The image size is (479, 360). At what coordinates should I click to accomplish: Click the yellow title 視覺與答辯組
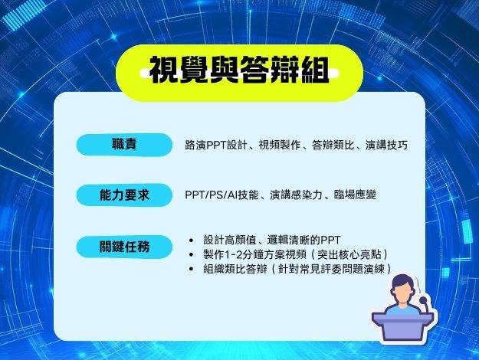(239, 70)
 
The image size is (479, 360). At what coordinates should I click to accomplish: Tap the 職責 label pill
(124, 145)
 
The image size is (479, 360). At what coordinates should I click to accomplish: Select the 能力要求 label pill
(124, 195)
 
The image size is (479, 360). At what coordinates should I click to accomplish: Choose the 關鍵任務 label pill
(124, 247)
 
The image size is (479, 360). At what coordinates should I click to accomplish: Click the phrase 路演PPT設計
(215, 145)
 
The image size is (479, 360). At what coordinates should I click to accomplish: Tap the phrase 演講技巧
(386, 145)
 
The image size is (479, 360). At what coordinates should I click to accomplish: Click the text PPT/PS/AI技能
(221, 195)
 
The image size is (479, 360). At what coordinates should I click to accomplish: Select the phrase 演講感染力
(296, 195)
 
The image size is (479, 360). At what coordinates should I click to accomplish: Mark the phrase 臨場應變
(355, 195)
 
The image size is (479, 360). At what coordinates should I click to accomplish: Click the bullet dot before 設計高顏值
(192, 241)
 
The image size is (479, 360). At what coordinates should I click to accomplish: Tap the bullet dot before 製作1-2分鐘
(192, 254)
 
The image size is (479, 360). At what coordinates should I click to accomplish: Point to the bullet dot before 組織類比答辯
(192, 269)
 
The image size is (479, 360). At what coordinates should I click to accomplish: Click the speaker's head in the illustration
(403, 289)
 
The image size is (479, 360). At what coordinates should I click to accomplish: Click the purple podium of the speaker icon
(402, 327)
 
